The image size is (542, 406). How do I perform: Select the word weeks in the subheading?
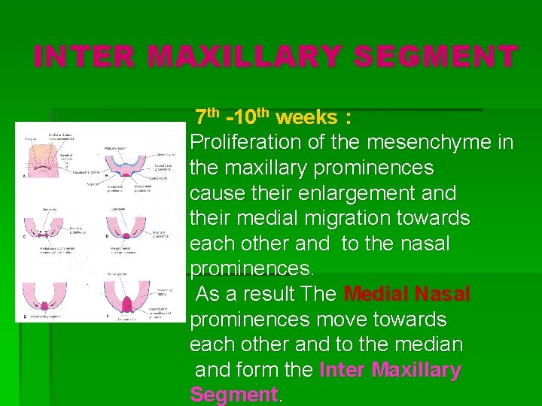306,117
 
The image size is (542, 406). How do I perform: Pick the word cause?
215,193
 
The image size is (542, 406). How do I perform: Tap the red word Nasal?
442,294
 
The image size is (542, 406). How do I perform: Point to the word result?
269,294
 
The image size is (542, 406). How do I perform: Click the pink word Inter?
343,371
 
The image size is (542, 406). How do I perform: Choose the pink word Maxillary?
416,371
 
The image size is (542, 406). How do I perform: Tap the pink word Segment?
234,395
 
